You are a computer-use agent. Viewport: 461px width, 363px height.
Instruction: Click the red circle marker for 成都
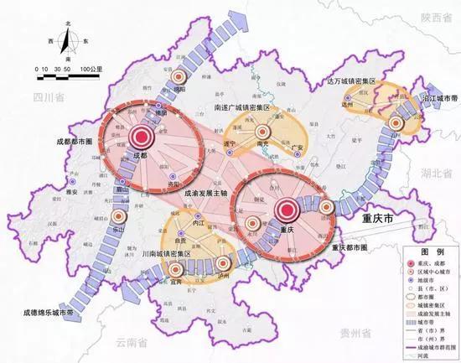coord(142,138)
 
